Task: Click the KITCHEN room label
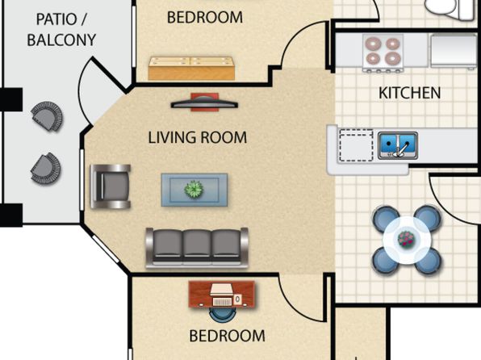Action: [409, 93]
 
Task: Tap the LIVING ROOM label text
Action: [197, 137]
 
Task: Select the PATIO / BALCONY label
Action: [61, 30]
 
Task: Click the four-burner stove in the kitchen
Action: [383, 53]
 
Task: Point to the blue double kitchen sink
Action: [398, 145]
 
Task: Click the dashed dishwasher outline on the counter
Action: [356, 145]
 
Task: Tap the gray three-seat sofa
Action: [197, 248]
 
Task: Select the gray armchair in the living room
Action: [110, 186]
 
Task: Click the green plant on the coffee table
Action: [194, 189]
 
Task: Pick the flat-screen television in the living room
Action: [204, 103]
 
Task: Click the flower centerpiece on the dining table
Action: [406, 239]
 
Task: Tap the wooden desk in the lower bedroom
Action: [221, 294]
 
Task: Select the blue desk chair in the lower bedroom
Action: [221, 315]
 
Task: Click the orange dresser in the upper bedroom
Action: [191, 69]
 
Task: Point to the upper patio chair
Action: [48, 116]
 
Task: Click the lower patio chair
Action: [46, 170]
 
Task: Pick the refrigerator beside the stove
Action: [454, 52]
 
